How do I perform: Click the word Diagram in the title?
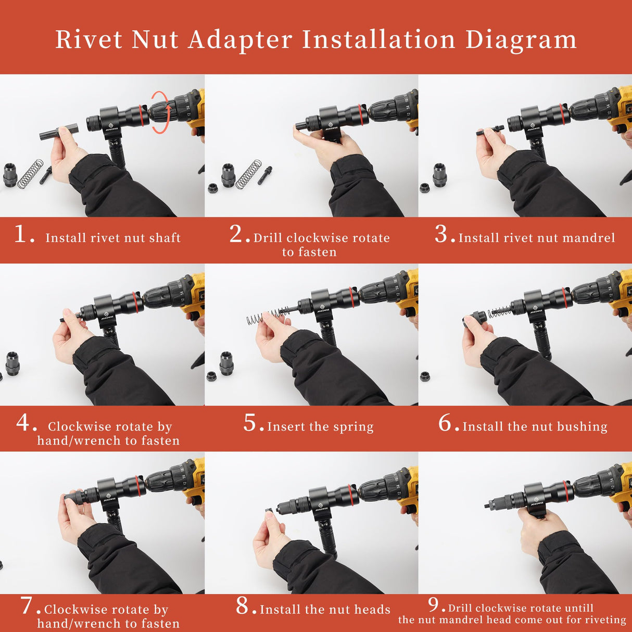(x=521, y=40)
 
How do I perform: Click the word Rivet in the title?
(x=89, y=40)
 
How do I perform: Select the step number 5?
(x=250, y=423)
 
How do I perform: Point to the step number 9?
(x=435, y=605)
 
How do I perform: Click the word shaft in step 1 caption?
(x=165, y=238)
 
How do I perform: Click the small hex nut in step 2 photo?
(x=212, y=187)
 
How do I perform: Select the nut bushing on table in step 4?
(x=12, y=363)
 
